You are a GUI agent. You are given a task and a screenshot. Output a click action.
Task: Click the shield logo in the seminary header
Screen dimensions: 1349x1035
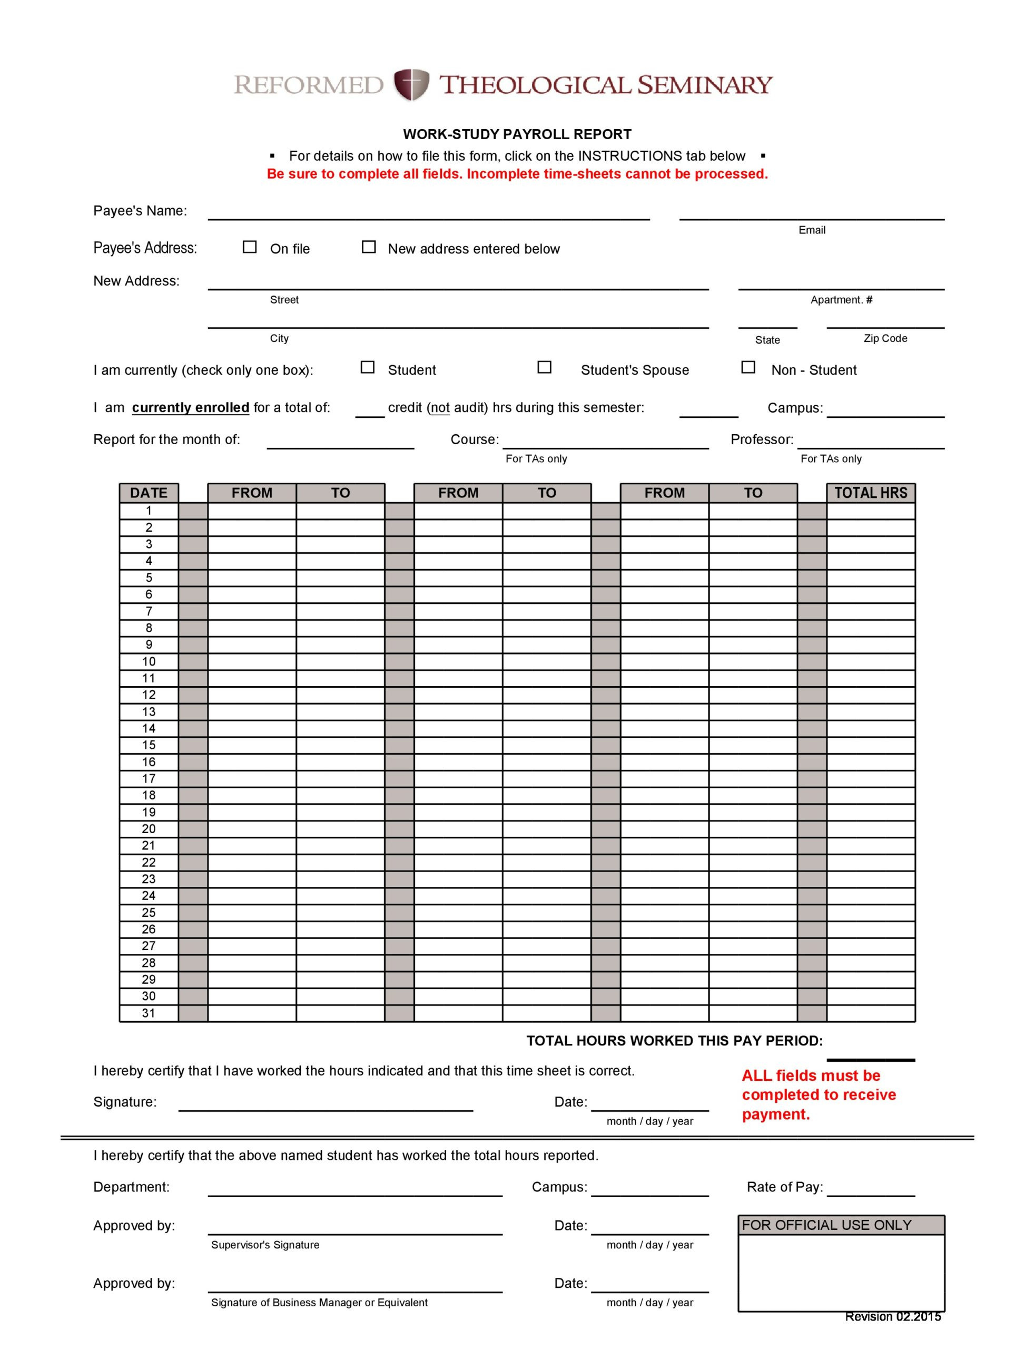(411, 85)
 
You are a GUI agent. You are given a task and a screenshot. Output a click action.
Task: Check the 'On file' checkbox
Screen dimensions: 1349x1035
(250, 247)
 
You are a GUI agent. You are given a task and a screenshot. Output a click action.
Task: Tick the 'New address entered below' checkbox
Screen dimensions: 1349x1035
(368, 247)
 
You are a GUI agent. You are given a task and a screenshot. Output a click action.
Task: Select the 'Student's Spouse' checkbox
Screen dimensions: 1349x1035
(544, 367)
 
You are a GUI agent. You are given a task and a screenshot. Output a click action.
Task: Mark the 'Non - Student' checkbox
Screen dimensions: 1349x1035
(748, 367)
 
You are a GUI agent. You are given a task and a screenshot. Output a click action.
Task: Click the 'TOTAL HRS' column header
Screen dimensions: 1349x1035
(871, 493)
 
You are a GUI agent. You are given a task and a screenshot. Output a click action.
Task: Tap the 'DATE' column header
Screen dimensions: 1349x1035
(149, 493)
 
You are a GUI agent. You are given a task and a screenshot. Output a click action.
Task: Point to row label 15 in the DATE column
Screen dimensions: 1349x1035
(149, 745)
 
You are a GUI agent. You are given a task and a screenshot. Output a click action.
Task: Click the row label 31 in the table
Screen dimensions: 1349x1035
(149, 1013)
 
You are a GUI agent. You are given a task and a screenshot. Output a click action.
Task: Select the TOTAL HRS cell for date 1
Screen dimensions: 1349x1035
(871, 511)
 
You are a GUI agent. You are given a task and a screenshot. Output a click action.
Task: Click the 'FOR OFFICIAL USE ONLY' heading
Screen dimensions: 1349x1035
(826, 1225)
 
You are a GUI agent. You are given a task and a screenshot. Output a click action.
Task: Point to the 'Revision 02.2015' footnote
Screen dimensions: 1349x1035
(893, 1317)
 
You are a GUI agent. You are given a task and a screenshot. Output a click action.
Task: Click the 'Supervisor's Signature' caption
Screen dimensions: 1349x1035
(265, 1245)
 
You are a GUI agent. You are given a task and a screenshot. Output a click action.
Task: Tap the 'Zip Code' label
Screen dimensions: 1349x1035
(885, 338)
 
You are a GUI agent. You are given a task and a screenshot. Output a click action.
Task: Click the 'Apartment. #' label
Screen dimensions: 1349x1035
(841, 300)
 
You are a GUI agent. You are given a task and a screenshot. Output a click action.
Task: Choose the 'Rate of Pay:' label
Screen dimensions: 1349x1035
(784, 1188)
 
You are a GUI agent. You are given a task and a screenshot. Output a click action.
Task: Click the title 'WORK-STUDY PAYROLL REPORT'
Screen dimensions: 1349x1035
(517, 134)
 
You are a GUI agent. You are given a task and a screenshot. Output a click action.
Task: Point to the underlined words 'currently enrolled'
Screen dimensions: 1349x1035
(190, 408)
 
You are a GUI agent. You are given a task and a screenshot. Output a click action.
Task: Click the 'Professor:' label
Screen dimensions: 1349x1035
(762, 440)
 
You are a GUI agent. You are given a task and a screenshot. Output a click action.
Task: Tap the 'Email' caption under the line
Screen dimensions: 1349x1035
(811, 230)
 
